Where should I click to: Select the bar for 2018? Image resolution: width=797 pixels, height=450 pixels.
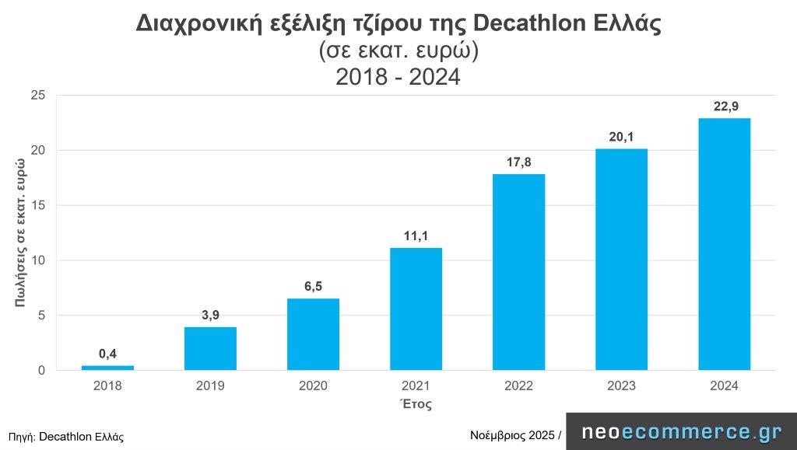pos(107,368)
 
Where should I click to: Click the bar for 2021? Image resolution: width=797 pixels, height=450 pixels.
pos(416,309)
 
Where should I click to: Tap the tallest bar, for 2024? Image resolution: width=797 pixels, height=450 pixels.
pos(724,244)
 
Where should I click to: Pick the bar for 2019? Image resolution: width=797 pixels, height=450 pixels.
pos(210,348)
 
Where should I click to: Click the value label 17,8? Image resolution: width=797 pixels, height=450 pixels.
pos(518,162)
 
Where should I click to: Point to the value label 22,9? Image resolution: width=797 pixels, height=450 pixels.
pos(724,106)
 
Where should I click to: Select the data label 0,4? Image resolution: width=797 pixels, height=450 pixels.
pos(107,354)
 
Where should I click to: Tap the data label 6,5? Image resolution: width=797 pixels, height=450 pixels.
pos(313,287)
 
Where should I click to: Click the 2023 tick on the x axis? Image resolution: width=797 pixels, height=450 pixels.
pos(621,386)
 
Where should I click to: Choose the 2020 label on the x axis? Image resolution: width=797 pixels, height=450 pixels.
pos(313,386)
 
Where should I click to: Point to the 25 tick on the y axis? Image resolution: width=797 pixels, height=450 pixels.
pos(38,96)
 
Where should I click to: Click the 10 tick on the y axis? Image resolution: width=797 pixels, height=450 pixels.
pos(38,260)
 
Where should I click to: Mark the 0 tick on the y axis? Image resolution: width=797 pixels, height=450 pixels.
pos(41,371)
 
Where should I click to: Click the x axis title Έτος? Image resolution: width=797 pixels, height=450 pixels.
pos(416,404)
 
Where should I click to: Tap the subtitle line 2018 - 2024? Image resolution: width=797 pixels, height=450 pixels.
pos(398,76)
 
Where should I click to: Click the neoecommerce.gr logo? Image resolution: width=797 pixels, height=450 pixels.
pos(682,432)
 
